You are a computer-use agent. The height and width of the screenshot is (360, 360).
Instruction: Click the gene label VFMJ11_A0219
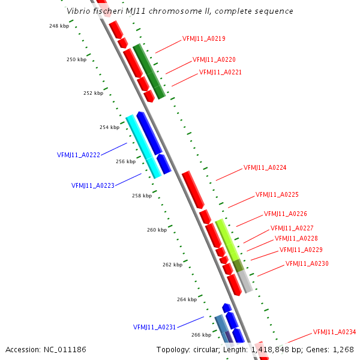pos(204,39)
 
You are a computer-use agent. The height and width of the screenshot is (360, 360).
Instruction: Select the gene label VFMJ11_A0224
pos(265,167)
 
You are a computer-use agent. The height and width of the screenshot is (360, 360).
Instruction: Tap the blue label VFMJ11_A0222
pos(79,155)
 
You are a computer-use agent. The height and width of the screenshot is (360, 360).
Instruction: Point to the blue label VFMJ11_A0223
pos(93,185)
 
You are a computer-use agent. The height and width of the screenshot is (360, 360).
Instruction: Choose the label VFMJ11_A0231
pos(154,327)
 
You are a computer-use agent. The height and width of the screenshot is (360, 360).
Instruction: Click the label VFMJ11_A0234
pos(334,332)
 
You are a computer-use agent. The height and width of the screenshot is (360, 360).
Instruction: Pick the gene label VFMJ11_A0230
pos(307,263)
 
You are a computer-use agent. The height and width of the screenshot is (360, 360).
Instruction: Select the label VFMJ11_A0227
pos(292,228)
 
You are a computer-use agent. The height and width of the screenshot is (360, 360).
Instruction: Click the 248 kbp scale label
pos(59,26)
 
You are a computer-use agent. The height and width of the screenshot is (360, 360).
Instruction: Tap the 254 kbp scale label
pos(109,127)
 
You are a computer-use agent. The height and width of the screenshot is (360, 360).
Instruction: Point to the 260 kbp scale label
pos(157,230)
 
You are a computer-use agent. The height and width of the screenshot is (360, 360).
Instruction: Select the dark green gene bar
pos(149,71)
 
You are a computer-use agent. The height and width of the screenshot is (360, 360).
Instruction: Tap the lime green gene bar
pos(227,239)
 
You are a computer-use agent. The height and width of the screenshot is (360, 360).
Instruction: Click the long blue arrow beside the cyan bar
pos(149,133)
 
